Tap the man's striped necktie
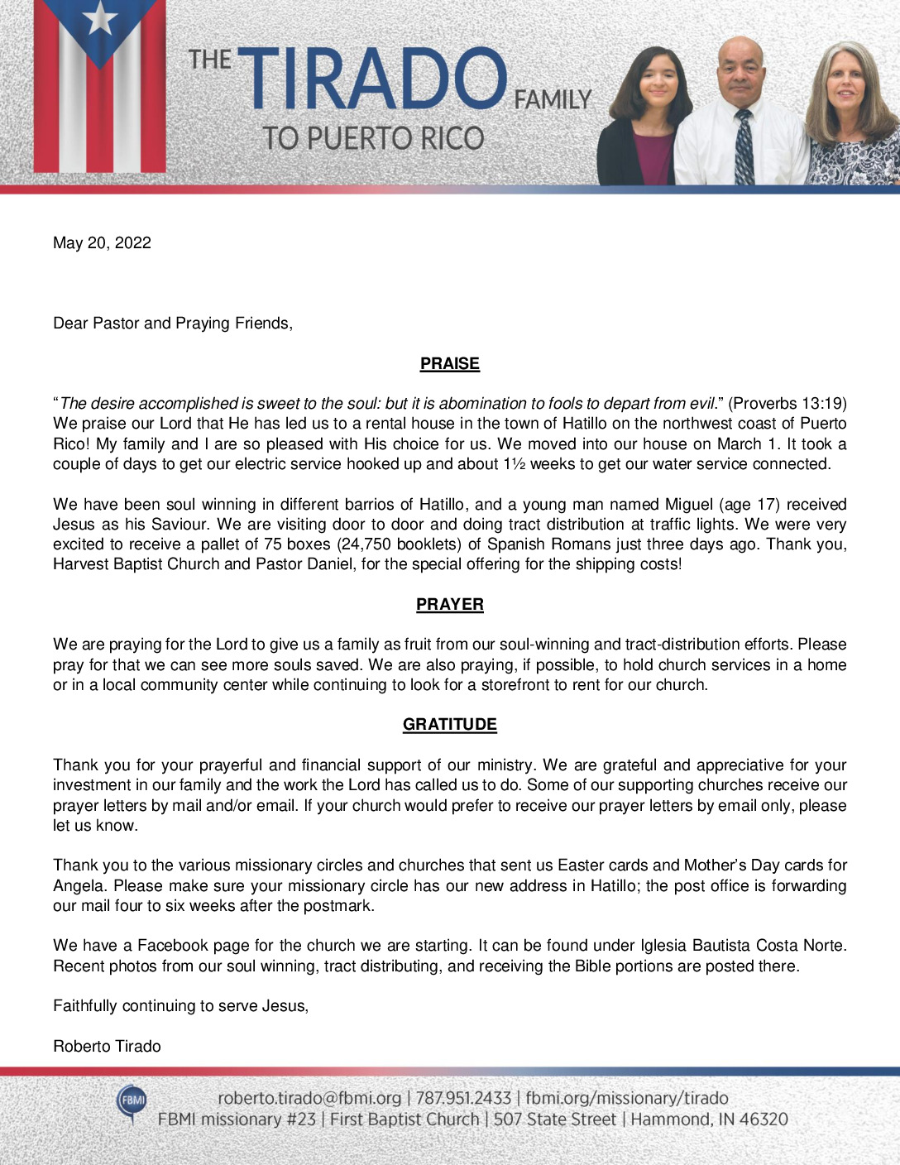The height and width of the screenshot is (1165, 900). (x=744, y=148)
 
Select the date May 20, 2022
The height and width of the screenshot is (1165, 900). (x=102, y=242)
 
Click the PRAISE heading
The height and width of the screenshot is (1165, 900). (x=449, y=363)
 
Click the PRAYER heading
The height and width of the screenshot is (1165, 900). (x=449, y=604)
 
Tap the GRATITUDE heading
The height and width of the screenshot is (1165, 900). (x=449, y=724)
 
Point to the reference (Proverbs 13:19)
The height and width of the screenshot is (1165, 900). (x=787, y=404)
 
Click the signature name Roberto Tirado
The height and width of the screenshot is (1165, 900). (x=107, y=1046)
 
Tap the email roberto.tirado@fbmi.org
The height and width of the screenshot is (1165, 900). (x=309, y=1098)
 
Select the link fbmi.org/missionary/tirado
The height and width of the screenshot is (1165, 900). (x=626, y=1098)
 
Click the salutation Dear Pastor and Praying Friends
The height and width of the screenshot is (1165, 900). (x=173, y=323)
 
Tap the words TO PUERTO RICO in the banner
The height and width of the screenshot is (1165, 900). (x=373, y=138)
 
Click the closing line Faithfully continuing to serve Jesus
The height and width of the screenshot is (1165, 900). (x=180, y=1006)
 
